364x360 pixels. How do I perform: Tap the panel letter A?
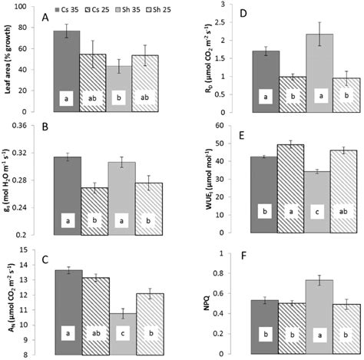[45, 17]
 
